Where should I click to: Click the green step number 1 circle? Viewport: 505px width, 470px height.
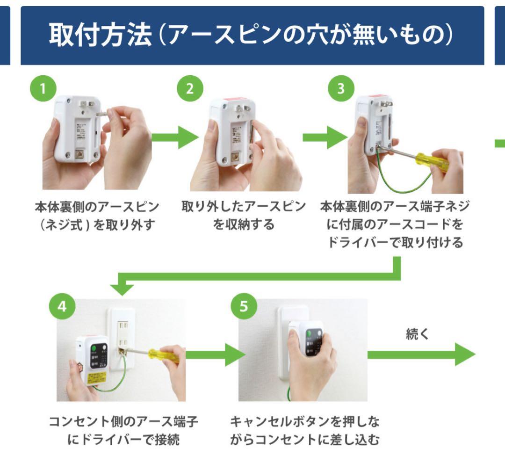click(43, 89)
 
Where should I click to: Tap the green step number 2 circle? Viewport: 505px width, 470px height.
click(189, 89)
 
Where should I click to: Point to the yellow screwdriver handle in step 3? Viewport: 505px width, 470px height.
click(433, 161)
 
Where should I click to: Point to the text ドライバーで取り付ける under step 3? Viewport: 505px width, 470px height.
click(395, 243)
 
